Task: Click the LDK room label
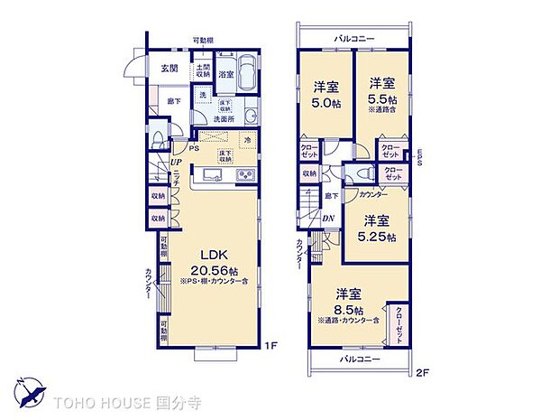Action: coord(212,256)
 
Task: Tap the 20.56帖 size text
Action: coord(213,270)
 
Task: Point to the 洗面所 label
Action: coord(225,118)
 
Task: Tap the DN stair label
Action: coord(328,217)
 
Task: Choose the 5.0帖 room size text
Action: coord(325,102)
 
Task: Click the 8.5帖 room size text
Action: coord(349,308)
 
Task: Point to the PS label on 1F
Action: coord(194,149)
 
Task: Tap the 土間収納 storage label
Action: coord(203,70)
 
